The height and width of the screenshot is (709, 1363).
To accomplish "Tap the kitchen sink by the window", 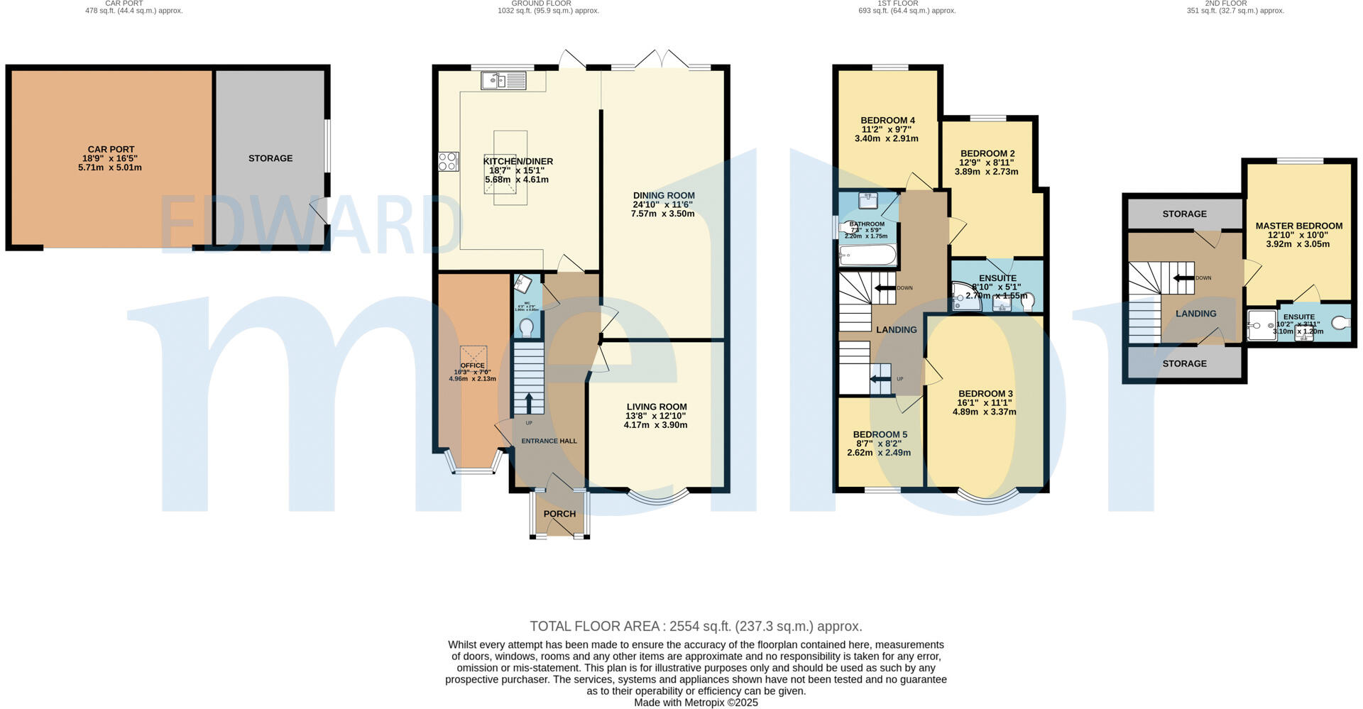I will (504, 81).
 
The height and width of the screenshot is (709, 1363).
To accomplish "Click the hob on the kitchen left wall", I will (448, 162).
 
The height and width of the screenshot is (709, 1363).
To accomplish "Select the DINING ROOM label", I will (663, 195).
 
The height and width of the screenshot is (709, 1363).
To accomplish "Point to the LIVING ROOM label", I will (656, 407).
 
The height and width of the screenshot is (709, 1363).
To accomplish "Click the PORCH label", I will (559, 514).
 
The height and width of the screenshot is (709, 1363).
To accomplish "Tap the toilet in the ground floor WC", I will (527, 328).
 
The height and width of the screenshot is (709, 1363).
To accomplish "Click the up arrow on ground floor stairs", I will (529, 402).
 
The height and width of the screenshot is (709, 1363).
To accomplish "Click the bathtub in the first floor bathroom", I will (867, 255).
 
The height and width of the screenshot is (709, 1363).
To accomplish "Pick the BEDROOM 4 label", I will (887, 120).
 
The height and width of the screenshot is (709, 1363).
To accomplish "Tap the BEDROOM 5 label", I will (880, 434).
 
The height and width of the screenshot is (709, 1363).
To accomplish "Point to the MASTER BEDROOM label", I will (1298, 226).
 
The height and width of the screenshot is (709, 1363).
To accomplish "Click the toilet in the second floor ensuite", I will (1340, 323).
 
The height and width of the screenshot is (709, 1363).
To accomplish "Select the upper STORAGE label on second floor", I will (1184, 214).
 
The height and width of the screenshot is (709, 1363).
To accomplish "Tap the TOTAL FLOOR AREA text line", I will (696, 626).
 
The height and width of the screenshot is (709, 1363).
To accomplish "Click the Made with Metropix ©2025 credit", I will (696, 703).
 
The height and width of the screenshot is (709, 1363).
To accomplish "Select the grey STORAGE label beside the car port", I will (270, 158).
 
